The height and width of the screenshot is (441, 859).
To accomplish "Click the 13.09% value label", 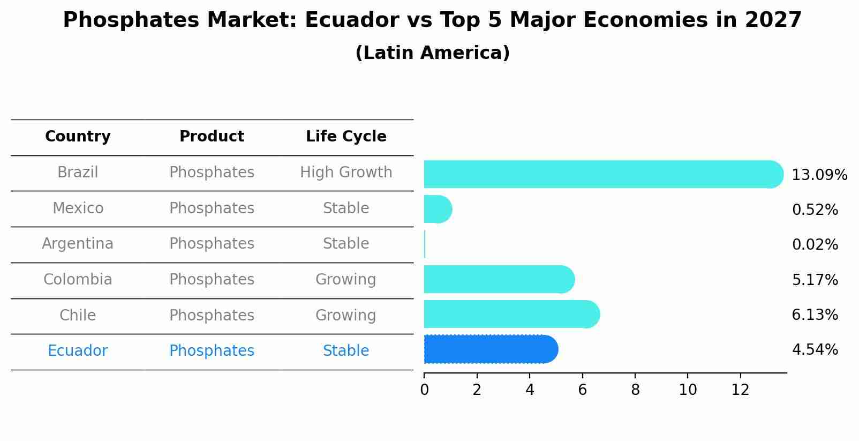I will click(819, 175).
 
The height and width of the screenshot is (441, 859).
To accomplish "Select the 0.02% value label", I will click(815, 245).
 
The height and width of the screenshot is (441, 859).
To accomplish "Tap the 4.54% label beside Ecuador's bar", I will click(815, 350).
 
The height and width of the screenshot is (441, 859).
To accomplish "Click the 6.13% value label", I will click(815, 315).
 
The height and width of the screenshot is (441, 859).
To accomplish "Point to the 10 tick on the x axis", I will click(688, 390).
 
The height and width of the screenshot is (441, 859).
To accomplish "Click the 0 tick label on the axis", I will click(424, 390).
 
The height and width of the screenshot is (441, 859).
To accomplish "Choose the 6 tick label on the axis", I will click(583, 390).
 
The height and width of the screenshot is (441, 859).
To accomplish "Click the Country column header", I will click(78, 137).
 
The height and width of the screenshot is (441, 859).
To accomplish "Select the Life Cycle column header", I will click(346, 137).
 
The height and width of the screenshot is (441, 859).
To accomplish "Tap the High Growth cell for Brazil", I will click(346, 173).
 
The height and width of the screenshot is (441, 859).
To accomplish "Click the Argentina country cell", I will click(78, 244).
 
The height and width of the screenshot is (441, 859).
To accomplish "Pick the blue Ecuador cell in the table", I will click(78, 351).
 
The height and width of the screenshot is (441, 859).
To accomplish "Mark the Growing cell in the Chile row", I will click(346, 315).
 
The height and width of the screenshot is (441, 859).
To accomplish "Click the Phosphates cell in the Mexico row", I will click(212, 208).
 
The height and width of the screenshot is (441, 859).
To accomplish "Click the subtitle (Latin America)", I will click(432, 53).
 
